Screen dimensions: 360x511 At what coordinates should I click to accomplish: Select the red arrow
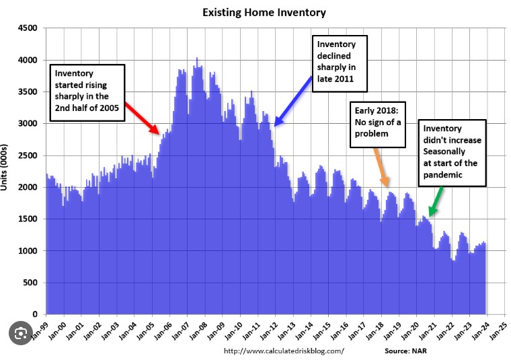click(143, 119)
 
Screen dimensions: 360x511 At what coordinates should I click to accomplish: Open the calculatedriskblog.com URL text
click(283, 351)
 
